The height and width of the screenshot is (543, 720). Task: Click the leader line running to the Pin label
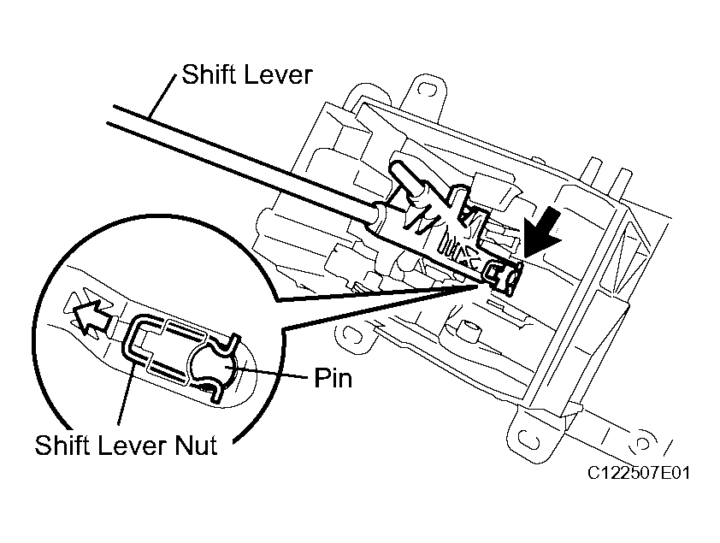tap(273, 374)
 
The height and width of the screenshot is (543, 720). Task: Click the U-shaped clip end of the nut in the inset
tap(137, 346)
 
